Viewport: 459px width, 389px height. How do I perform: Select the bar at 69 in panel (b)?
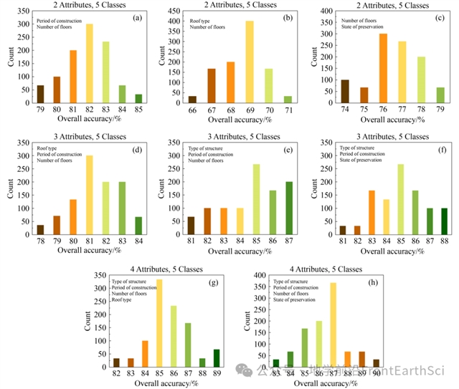pyautogui.click(x=250, y=62)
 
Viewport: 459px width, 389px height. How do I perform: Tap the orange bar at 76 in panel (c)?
pyautogui.click(x=382, y=68)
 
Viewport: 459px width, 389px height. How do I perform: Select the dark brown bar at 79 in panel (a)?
pyautogui.click(x=40, y=94)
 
